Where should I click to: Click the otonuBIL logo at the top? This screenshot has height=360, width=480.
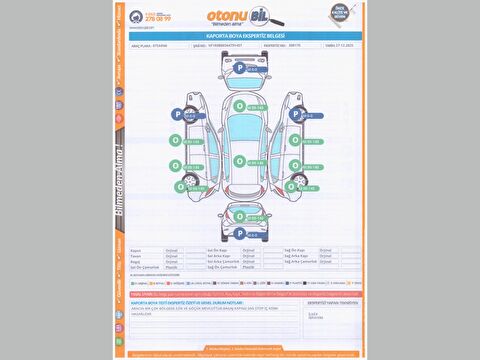coord(236,16)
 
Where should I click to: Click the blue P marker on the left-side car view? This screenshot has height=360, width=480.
coord(178,115)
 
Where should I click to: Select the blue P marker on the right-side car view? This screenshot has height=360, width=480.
coord(294,115)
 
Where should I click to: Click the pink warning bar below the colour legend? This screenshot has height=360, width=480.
coord(240,294)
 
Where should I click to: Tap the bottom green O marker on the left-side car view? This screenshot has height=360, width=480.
coord(180,186)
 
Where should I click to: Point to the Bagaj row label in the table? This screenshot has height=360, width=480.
coord(137,261)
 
